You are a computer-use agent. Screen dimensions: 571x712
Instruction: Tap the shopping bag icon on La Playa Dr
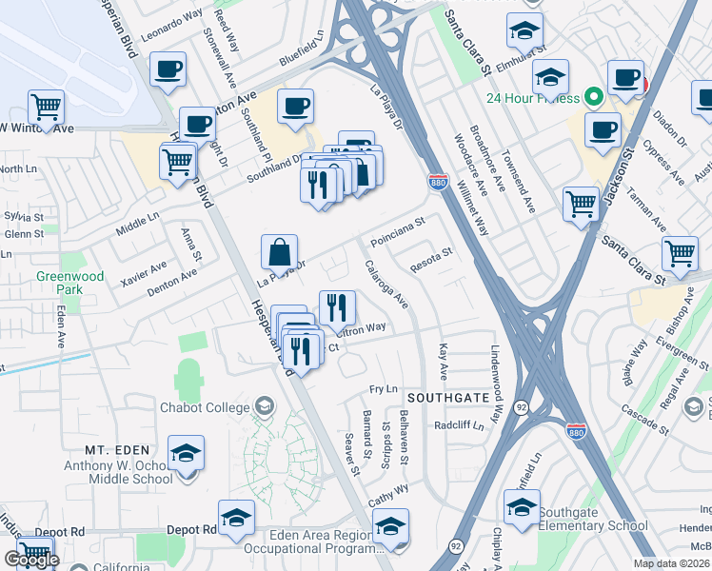(x=280, y=253)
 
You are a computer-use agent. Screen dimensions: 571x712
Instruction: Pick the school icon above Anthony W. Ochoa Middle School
(x=186, y=454)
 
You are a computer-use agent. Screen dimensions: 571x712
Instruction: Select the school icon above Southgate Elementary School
(x=521, y=508)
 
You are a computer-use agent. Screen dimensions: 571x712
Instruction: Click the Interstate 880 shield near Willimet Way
(x=438, y=182)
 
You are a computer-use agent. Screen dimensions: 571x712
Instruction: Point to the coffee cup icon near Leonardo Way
(x=168, y=69)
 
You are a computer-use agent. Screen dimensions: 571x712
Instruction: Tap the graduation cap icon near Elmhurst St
(x=524, y=32)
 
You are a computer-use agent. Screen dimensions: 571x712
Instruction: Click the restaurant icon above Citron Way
(x=337, y=308)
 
